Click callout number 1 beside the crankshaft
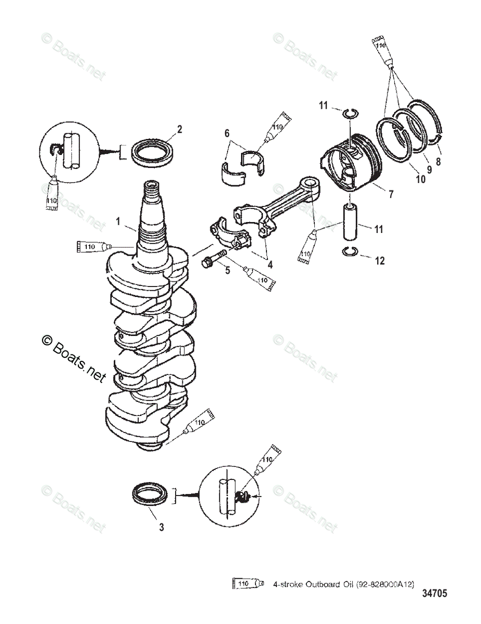pos(118,221)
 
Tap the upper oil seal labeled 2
pos(152,152)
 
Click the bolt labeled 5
pos(213,258)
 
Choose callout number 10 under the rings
pos(420,179)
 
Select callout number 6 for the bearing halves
pos(227,134)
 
